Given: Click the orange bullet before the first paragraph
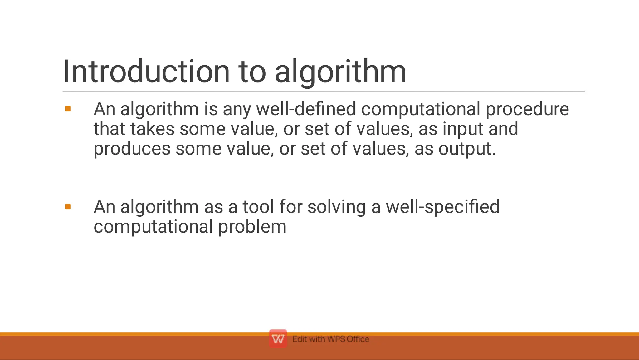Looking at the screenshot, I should click(68, 109).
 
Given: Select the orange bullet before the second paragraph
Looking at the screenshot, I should click(68, 207).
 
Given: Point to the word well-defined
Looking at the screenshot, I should click(306, 109).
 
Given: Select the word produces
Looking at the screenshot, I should click(132, 149).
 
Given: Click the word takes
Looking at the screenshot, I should click(152, 129).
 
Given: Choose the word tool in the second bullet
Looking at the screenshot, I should click(258, 207).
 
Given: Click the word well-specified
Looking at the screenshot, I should click(442, 207).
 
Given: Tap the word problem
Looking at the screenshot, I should click(252, 227).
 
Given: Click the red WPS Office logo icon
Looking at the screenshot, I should click(278, 339).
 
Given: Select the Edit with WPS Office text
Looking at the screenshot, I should click(331, 339).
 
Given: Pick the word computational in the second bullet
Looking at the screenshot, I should click(153, 227).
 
